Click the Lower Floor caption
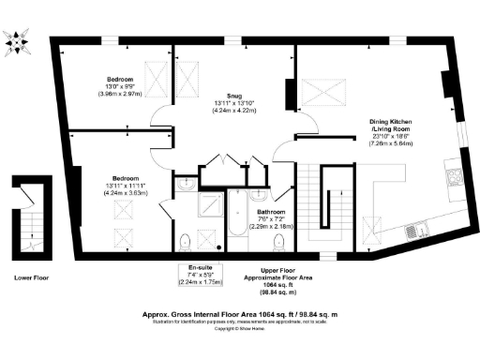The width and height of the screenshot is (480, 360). pyautogui.click(x=32, y=278)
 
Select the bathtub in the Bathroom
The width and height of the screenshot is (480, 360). pyautogui.click(x=233, y=221)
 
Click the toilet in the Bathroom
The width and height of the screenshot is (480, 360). pyautogui.click(x=277, y=243)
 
